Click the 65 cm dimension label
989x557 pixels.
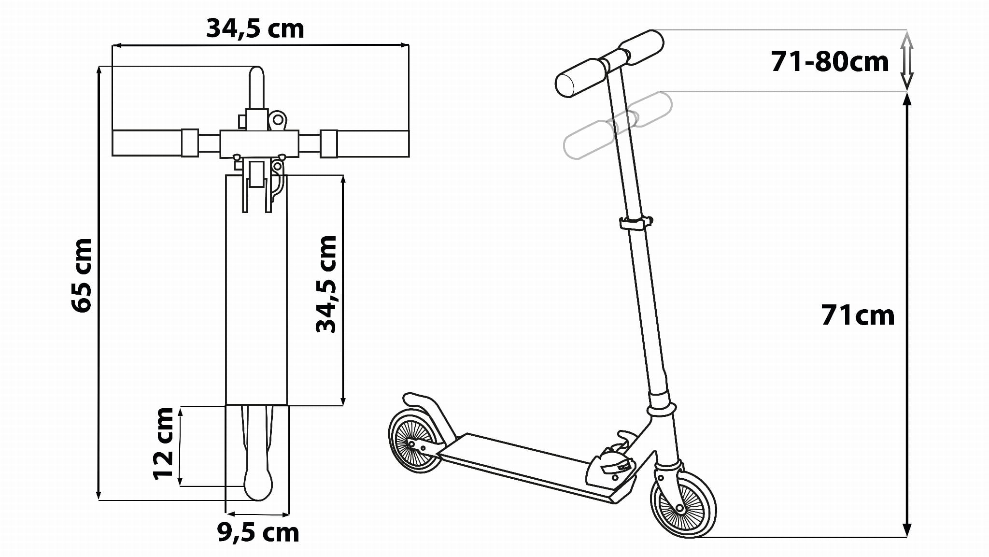point(81,275)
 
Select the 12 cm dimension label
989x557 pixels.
point(163,443)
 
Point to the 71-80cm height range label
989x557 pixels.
point(830,62)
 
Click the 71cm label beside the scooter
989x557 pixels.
point(858,315)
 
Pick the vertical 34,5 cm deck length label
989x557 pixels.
point(326,284)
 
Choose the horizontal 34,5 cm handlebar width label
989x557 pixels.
point(255,29)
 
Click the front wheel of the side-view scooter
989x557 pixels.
point(683,501)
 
